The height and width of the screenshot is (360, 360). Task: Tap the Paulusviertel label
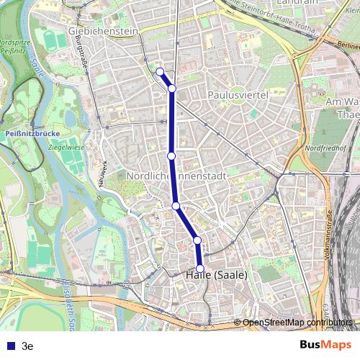coord(238,95)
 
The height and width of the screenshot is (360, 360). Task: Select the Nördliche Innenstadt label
coord(176,176)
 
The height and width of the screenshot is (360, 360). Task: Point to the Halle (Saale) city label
coord(216,274)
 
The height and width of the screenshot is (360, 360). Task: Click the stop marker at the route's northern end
coord(160,71)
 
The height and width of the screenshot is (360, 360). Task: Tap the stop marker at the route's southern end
coord(199,269)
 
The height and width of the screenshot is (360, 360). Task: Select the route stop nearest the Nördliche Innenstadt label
coord(171,156)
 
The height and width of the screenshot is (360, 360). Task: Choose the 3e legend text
coord(27,346)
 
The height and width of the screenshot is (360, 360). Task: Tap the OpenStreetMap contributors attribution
coord(297,322)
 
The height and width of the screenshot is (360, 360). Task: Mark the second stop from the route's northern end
coord(172,88)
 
